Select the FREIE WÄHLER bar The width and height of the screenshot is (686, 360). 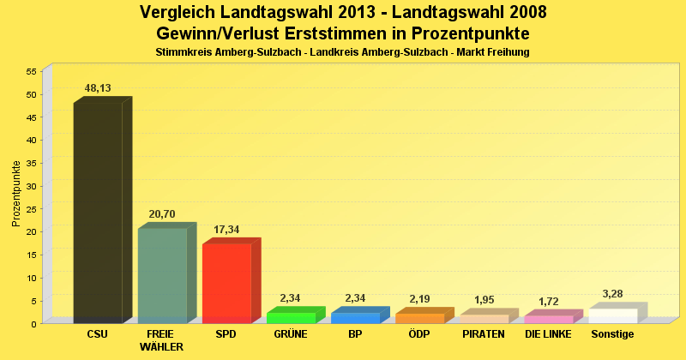point(162,275)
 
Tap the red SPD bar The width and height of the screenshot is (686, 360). point(226,283)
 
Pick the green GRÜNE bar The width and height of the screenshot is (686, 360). point(291,317)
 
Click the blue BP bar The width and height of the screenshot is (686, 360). point(355,317)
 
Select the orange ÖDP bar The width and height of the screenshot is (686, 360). point(419,318)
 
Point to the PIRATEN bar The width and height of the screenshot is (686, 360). point(484,318)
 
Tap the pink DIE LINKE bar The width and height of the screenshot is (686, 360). point(548,319)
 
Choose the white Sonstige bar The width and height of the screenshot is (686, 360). point(612,315)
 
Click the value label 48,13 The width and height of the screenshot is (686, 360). point(98,88)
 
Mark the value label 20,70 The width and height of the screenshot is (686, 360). point(162,213)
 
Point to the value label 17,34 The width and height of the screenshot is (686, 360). point(226,230)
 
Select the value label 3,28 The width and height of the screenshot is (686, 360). point(612,294)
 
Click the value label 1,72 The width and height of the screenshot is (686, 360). point(548,302)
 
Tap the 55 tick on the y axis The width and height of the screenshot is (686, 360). point(32,71)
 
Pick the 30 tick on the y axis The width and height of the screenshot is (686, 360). point(32,186)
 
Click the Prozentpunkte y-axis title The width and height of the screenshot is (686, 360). point(16,194)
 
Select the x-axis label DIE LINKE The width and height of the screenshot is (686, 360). point(548,333)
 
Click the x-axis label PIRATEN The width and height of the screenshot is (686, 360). point(484,333)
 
